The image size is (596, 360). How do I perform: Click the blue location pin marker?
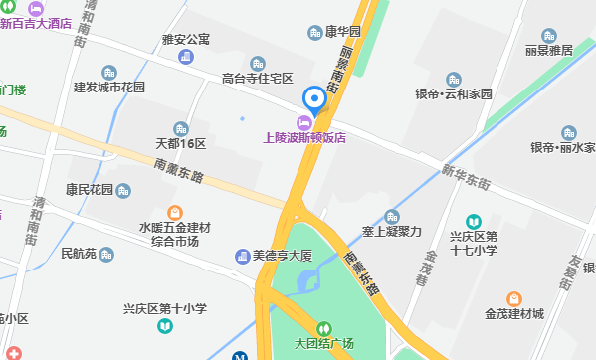click(x=314, y=99)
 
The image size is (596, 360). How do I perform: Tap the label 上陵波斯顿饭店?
click(x=303, y=139)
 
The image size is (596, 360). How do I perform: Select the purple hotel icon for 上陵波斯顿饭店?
click(x=303, y=122)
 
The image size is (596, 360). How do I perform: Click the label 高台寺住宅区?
click(x=257, y=78)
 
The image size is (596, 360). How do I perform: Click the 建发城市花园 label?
click(x=109, y=88)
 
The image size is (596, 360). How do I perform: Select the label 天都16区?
click(x=180, y=144)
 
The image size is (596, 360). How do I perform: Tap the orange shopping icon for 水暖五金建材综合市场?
click(x=175, y=212)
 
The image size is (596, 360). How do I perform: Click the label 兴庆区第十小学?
click(x=164, y=309)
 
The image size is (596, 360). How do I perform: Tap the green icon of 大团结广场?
click(x=323, y=328)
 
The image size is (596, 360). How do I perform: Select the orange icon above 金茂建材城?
click(x=513, y=297)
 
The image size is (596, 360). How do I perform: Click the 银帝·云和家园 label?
click(x=454, y=94)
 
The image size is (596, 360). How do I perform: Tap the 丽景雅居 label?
click(x=549, y=50)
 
